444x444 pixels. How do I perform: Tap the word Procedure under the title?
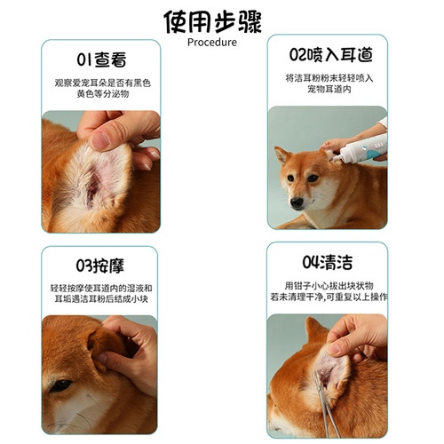coord(212,42)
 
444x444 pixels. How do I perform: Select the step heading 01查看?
coord(100,60)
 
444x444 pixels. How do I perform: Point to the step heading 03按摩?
coord(100,265)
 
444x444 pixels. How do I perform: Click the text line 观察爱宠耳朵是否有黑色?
coord(100,82)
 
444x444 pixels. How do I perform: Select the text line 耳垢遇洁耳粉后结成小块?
coord(100,300)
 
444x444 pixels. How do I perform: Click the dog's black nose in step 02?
coord(296,202)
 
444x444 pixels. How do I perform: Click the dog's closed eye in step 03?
coord(59,385)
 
